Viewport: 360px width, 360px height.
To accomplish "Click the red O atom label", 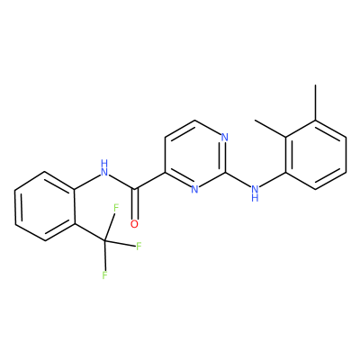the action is (135, 224).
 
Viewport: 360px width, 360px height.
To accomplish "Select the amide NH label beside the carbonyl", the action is (104, 168).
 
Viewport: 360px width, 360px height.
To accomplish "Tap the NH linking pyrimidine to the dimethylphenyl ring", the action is (255, 193).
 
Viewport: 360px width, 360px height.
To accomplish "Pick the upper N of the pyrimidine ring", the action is (225, 138).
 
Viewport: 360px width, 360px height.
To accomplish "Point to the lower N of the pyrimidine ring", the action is (194, 189).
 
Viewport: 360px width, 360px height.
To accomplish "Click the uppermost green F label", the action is (116, 207).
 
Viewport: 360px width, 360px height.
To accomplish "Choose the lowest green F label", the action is (104, 274).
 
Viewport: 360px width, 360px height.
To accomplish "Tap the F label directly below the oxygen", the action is (139, 247).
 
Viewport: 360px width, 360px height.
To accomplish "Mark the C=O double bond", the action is (136, 203).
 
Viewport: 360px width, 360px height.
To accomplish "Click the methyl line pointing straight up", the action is (315, 103).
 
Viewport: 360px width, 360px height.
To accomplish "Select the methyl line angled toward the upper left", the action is (270, 129).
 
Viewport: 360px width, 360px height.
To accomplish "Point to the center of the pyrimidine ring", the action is (195, 155).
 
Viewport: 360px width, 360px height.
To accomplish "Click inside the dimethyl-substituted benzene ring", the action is (316, 155).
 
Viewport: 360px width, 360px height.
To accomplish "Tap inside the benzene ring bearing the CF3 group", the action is (45, 206).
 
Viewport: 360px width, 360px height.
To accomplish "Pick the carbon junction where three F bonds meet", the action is (104, 240).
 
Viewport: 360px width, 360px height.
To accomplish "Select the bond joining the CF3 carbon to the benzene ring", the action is (90, 232).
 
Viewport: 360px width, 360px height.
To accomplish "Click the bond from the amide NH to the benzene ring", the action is (87, 182).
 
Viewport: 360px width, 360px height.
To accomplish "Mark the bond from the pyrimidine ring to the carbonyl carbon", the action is (150, 181).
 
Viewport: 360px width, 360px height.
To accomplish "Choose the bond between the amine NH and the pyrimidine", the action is (238, 180).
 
